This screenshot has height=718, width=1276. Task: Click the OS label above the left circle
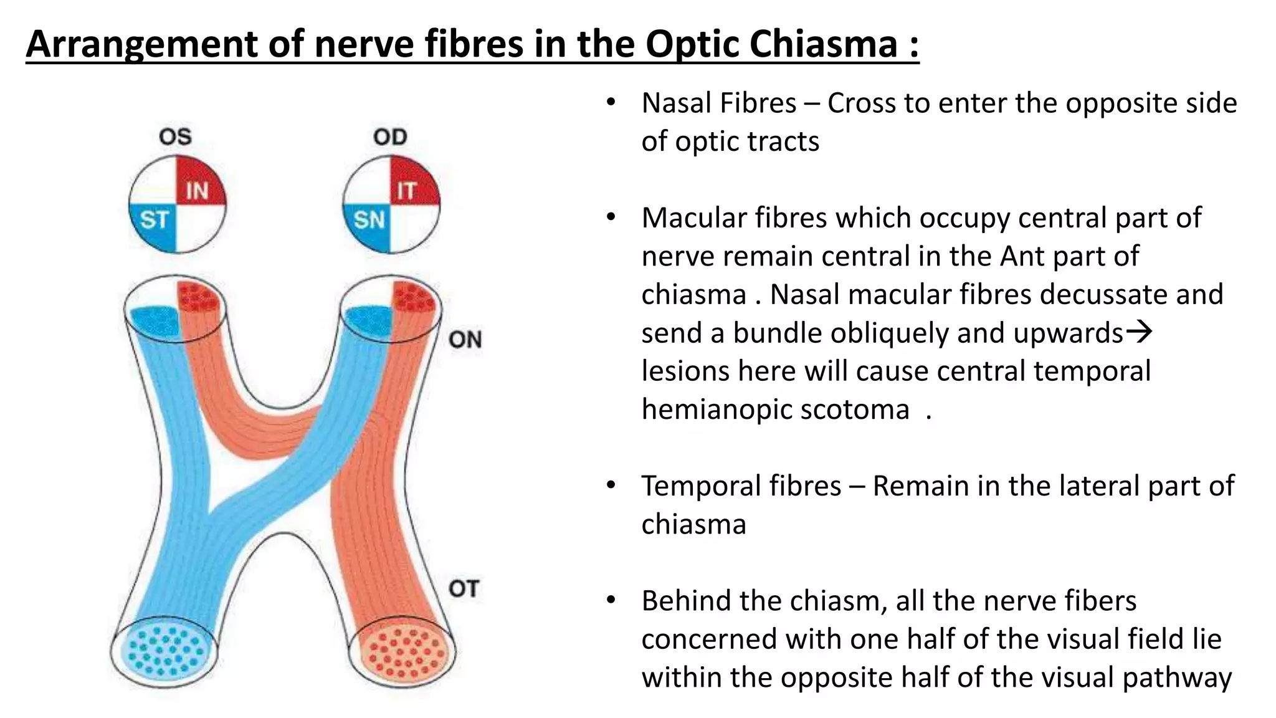[x=175, y=136]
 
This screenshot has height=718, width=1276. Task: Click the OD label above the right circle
[x=390, y=136]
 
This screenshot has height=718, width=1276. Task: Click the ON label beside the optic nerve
[x=465, y=340]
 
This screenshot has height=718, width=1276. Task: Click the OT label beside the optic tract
[x=464, y=588]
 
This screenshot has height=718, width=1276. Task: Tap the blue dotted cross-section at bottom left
[x=164, y=651]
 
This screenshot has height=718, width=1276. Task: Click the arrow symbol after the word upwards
[x=1140, y=332]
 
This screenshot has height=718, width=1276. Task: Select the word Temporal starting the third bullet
[x=741, y=486]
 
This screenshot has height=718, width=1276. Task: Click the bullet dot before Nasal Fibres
[x=611, y=102]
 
